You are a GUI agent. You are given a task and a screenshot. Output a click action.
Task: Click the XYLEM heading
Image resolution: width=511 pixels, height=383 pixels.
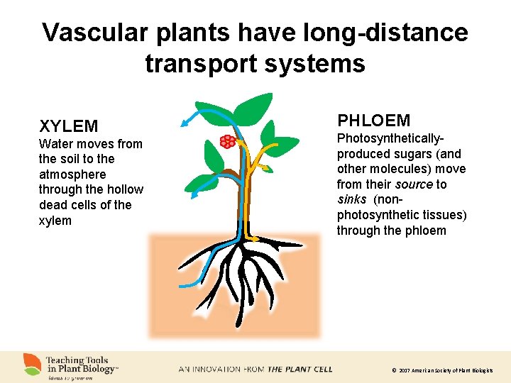pos(68,126)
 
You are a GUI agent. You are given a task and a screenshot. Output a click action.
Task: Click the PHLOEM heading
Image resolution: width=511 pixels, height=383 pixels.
pos(373,121)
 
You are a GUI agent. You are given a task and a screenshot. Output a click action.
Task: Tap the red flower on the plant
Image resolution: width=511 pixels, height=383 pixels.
pos(227,141)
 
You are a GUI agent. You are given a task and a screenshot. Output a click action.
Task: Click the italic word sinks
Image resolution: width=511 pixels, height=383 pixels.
pos(351,199)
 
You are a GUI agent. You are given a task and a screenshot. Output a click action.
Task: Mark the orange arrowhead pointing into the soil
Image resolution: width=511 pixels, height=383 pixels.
pos(254,240)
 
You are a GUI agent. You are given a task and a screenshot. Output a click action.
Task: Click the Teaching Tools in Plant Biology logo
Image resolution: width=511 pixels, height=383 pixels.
pos(71,365)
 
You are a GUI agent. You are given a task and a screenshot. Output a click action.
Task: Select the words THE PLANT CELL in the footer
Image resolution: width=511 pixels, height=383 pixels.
pos(300,370)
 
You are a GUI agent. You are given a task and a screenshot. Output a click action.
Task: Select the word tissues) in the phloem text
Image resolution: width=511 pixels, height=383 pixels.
pos(443,215)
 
